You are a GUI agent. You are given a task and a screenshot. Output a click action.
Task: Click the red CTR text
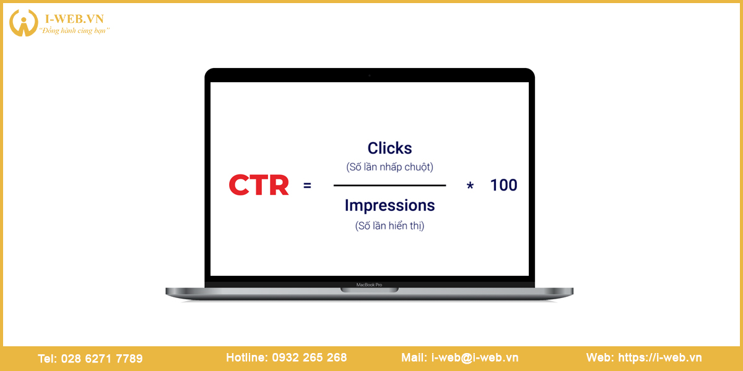point(259,185)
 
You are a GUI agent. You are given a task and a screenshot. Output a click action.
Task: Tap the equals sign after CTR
point(308,185)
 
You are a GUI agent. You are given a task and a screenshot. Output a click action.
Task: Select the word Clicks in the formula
point(389,148)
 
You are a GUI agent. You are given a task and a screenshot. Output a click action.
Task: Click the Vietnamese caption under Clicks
point(389,166)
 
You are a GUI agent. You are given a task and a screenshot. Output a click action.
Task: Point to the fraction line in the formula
point(389,185)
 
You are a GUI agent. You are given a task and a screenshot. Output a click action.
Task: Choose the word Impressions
point(389,206)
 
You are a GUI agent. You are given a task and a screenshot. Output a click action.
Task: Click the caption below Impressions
point(389,226)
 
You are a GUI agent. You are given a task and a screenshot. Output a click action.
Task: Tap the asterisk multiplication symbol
point(470,185)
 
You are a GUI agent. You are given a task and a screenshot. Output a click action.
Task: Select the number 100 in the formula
point(503,185)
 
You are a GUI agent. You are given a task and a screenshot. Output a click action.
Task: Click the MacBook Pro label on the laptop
point(369,284)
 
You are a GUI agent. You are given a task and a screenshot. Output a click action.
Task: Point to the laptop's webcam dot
point(370,75)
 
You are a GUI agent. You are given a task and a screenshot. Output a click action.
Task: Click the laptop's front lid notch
point(370,290)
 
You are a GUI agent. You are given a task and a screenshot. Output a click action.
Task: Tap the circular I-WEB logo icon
point(24,22)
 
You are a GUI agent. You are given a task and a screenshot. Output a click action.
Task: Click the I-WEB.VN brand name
point(75,19)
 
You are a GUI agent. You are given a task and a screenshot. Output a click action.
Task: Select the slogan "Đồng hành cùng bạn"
point(74,30)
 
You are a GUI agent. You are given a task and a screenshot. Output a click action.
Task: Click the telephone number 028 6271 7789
point(102,359)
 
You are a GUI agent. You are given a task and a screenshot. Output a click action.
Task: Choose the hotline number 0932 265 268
point(310,357)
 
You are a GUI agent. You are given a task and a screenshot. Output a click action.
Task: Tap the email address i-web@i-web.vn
point(475,357)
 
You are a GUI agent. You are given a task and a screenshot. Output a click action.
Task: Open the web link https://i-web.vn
point(660,357)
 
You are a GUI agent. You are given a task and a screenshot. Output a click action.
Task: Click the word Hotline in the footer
point(247,357)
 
